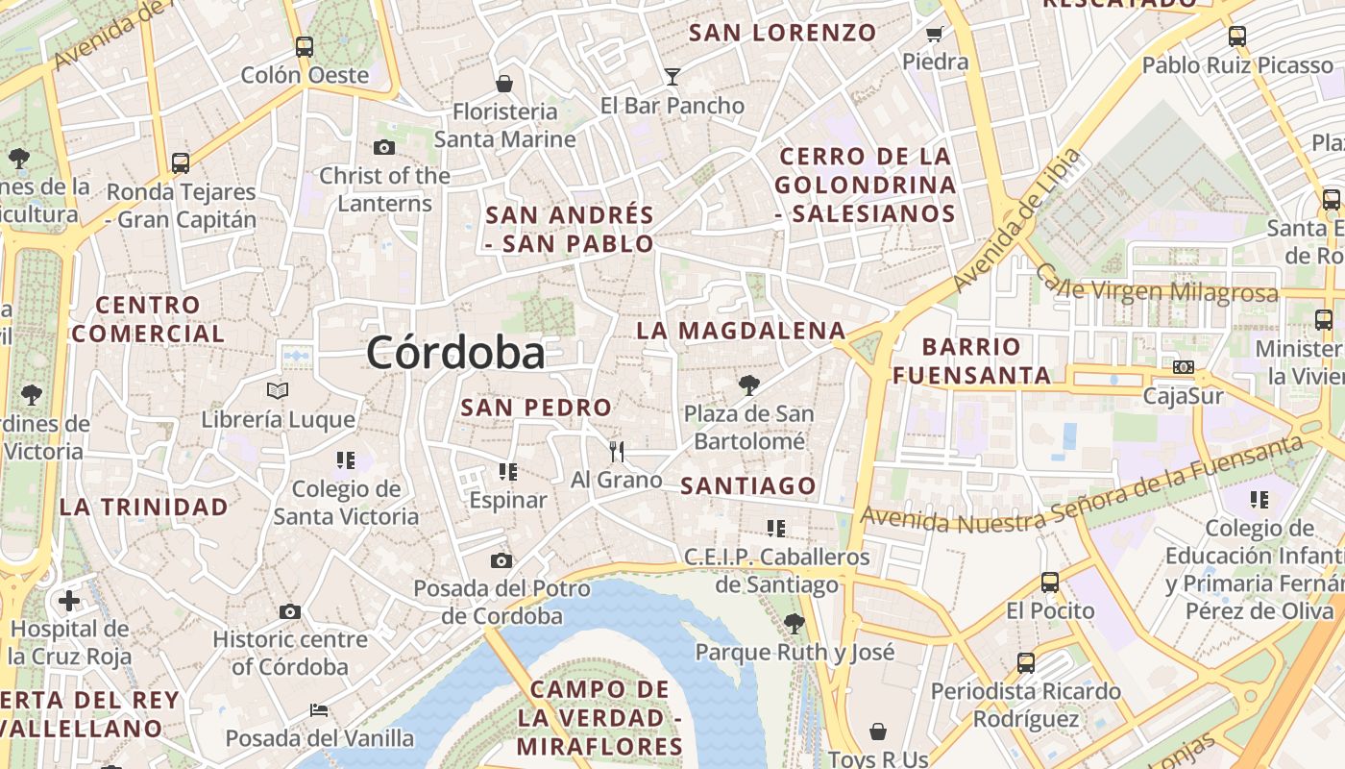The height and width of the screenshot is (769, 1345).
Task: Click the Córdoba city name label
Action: click(x=455, y=353)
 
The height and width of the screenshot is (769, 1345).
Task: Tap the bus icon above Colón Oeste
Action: click(x=305, y=45)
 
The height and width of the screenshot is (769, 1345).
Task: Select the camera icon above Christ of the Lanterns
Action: click(x=384, y=147)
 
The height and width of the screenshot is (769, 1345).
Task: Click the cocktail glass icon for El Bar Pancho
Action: click(x=672, y=76)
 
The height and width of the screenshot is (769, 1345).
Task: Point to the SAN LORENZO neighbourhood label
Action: click(x=783, y=33)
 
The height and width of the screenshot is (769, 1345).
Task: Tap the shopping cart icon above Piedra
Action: click(x=934, y=35)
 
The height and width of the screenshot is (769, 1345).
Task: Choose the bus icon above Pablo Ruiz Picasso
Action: click(x=1237, y=37)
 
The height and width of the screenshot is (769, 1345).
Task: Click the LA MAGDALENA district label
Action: click(x=741, y=331)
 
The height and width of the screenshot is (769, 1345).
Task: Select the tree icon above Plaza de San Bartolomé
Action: click(x=749, y=385)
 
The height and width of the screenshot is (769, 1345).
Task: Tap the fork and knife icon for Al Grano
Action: click(x=617, y=451)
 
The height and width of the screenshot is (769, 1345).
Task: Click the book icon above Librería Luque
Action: click(x=278, y=391)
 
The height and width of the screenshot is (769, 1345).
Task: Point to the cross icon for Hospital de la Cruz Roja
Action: click(x=69, y=602)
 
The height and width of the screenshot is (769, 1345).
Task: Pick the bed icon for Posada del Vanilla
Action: click(x=319, y=711)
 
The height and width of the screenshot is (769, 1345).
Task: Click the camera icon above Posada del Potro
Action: click(x=501, y=560)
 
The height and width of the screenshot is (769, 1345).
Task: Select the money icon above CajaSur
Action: click(x=1184, y=367)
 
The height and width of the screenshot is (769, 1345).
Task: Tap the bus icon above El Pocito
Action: click(x=1050, y=583)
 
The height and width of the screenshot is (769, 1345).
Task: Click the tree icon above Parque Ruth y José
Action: click(x=794, y=623)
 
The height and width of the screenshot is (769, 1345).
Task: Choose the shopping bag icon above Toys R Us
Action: click(x=877, y=732)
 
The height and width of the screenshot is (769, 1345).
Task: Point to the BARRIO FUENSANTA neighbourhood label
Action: click(x=972, y=360)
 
